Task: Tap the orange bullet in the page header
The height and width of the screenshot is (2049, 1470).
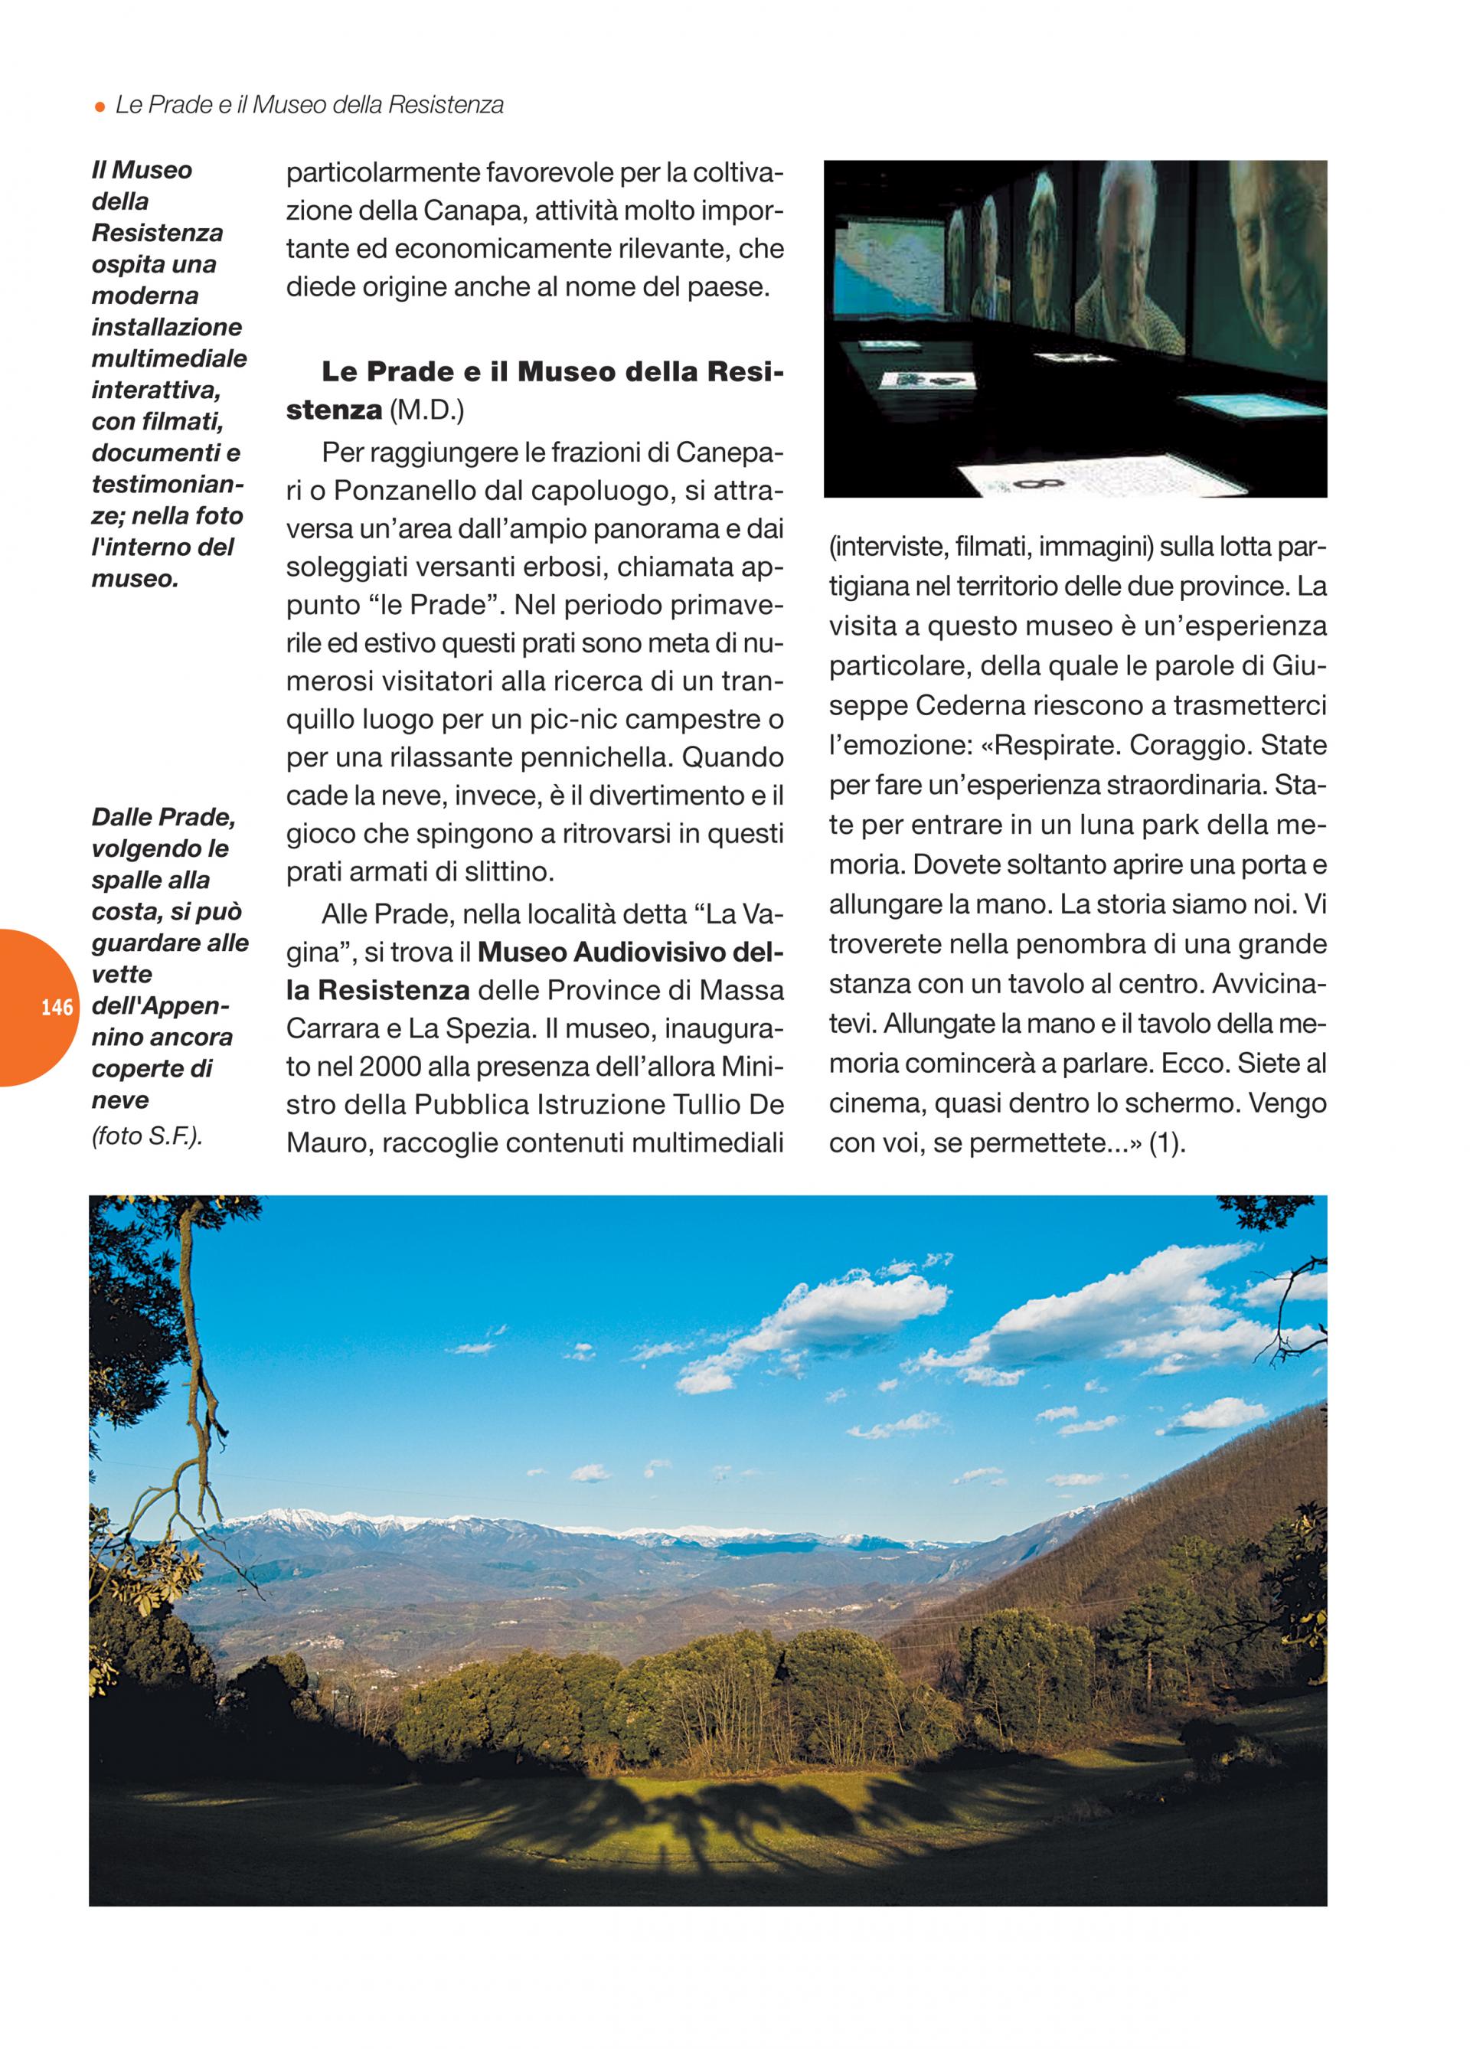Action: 100,106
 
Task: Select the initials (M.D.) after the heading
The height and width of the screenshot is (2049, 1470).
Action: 426,410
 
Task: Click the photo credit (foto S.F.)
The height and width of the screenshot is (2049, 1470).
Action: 147,1136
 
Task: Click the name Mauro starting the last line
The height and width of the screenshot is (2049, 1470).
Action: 327,1144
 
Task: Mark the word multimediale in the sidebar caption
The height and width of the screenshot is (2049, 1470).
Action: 169,358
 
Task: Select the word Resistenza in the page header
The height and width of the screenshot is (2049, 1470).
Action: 445,106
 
